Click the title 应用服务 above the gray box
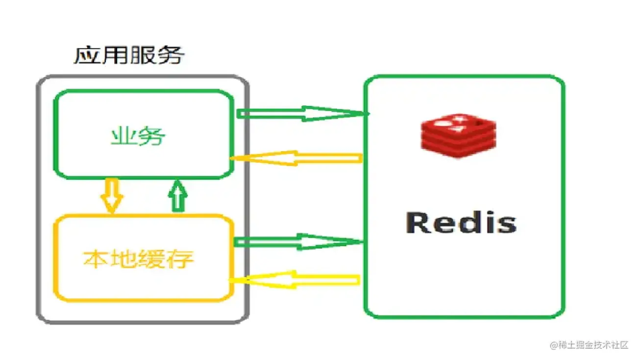pos(128,56)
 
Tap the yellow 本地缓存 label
pos(138,259)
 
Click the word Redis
pos(461,223)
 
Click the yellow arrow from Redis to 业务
pos(295,158)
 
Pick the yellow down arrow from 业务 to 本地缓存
pos(111,195)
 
